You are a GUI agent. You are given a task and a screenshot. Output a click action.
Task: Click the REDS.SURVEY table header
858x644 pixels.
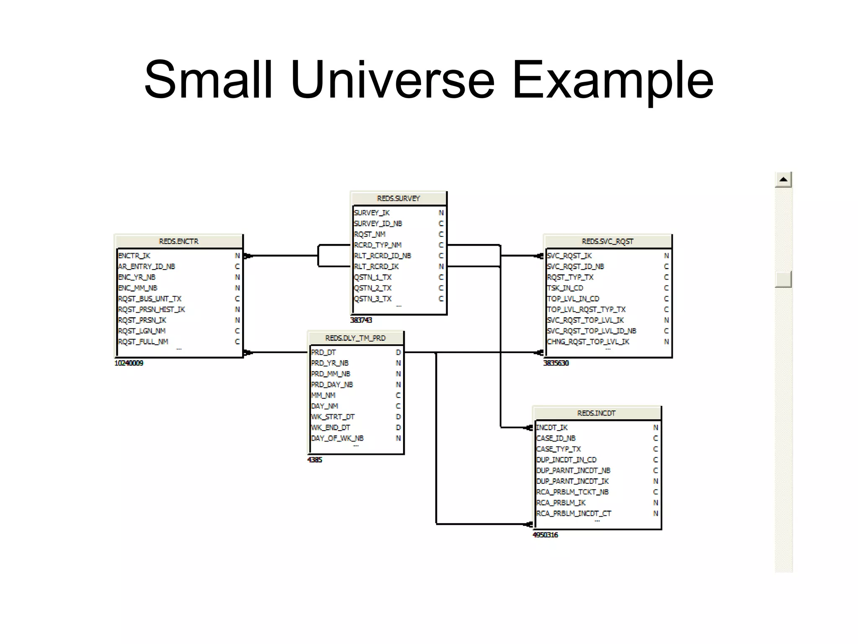click(398, 198)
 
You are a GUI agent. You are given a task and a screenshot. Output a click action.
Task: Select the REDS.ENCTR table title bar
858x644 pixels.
click(178, 241)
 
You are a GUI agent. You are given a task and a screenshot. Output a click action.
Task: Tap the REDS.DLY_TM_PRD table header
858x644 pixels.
click(355, 338)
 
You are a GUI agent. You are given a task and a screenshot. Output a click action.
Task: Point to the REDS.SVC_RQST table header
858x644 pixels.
click(607, 241)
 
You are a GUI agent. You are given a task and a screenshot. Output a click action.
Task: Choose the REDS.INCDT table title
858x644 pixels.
click(596, 413)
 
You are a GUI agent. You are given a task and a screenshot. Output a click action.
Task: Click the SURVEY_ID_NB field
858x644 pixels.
click(378, 223)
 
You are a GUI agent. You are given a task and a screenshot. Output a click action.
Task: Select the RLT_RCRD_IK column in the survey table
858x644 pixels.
click(376, 266)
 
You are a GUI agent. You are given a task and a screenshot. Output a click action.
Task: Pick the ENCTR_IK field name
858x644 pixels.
click(134, 256)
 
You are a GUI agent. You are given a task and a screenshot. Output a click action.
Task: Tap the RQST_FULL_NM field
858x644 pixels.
click(143, 342)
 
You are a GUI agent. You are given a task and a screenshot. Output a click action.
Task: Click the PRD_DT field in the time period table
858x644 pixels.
click(323, 352)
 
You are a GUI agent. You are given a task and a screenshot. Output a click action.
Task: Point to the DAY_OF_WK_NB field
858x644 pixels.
click(337, 438)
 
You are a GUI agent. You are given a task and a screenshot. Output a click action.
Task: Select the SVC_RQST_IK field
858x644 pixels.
click(569, 256)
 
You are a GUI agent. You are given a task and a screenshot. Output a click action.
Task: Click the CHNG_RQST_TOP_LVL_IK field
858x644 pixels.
click(588, 342)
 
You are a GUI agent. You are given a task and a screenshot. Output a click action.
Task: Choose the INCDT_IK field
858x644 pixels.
click(552, 427)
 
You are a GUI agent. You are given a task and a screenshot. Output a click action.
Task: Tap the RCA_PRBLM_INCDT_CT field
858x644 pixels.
click(574, 513)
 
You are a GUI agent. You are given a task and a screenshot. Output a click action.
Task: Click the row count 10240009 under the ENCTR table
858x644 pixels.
click(129, 363)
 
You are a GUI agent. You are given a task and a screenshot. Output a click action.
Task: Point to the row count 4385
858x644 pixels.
click(315, 460)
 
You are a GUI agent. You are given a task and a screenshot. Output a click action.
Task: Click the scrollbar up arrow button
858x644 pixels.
click(783, 180)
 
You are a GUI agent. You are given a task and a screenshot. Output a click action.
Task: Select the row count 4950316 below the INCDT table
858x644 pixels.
click(545, 535)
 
